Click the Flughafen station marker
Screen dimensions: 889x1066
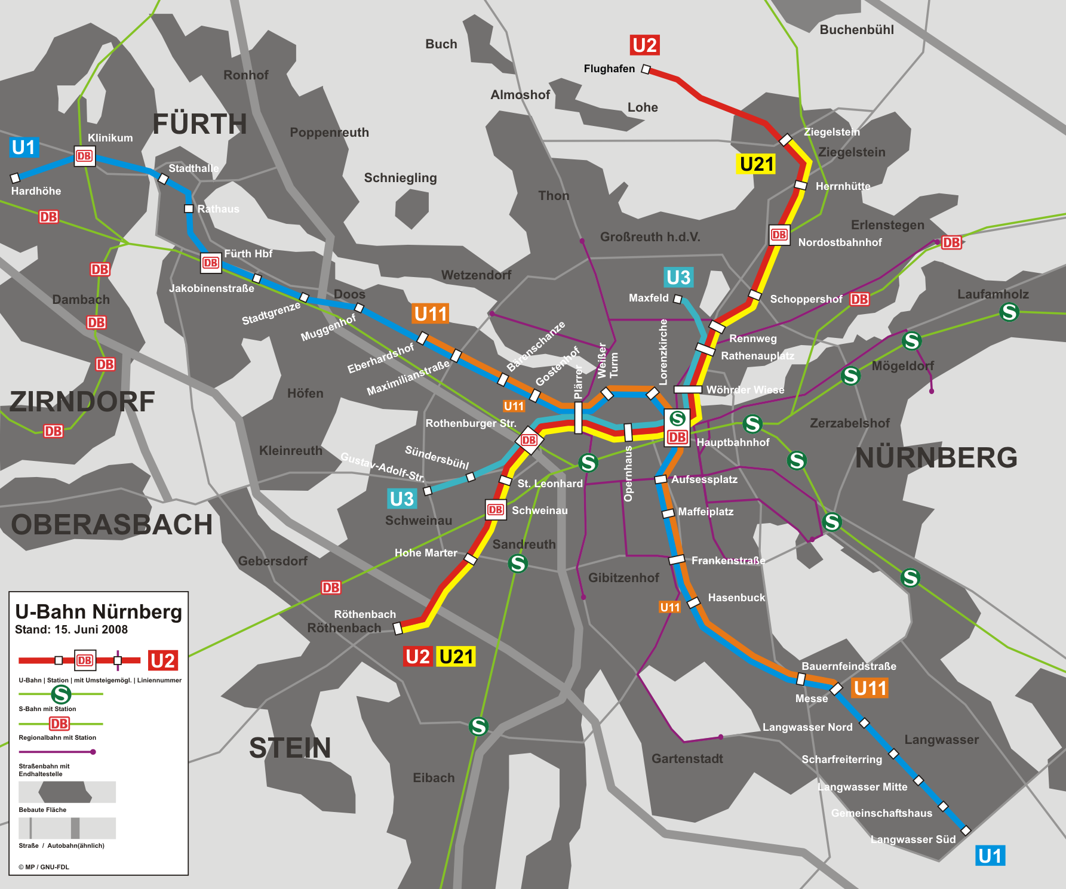pos(646,69)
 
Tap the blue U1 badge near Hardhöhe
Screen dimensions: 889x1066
pos(24,147)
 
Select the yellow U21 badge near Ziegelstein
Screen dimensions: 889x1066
pos(756,164)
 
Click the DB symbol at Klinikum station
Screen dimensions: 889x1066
pos(84,156)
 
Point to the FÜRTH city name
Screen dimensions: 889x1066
pos(199,124)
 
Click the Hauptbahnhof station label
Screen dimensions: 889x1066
pos(733,442)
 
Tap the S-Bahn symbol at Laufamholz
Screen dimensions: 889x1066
pos(1009,312)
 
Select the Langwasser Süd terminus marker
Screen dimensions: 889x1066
pos(966,830)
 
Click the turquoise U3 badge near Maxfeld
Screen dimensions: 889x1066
pos(678,278)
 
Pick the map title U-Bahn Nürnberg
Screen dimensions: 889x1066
pos(99,612)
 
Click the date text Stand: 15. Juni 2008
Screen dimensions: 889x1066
pos(71,630)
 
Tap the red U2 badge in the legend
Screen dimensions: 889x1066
pos(162,660)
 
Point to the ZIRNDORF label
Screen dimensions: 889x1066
pos(82,402)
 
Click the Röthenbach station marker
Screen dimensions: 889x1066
pos(398,627)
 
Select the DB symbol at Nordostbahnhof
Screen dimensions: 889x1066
pos(779,235)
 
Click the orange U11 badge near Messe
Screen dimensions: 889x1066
pos(870,688)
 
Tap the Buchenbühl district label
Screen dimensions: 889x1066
pos(856,30)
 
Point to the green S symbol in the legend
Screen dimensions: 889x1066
pos(61,694)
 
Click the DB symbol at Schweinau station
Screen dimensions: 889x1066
pos(495,510)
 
